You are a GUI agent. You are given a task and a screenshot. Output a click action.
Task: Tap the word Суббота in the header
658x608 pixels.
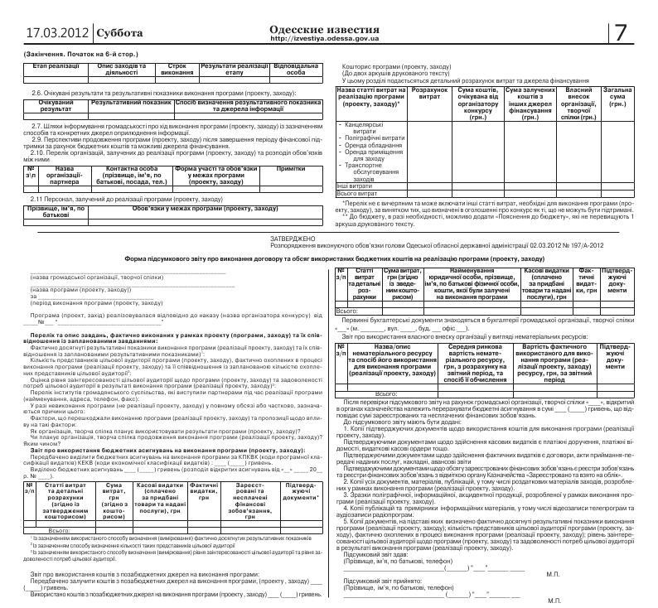pos(120,34)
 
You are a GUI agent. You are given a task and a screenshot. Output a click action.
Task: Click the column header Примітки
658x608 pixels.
pos(290,168)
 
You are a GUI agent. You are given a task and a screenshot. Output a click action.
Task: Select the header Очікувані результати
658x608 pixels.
pos(56,105)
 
